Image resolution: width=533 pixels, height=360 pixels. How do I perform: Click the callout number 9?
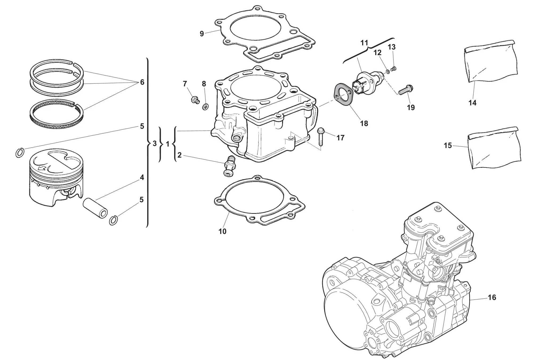click(202, 34)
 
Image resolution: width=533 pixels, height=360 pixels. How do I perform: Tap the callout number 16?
click(492, 297)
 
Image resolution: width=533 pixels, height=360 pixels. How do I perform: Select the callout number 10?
click(222, 231)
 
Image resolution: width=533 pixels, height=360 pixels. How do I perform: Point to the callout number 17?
click(341, 138)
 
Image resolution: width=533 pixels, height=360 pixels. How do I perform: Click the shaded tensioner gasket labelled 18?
click(343, 98)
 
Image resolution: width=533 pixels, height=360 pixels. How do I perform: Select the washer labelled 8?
click(206, 107)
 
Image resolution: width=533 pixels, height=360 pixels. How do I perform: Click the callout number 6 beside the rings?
click(142, 82)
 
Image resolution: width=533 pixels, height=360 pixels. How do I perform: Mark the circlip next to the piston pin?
click(113, 220)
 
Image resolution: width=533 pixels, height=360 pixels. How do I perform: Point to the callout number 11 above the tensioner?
click(364, 43)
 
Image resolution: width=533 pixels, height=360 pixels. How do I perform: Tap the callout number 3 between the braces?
click(155, 144)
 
